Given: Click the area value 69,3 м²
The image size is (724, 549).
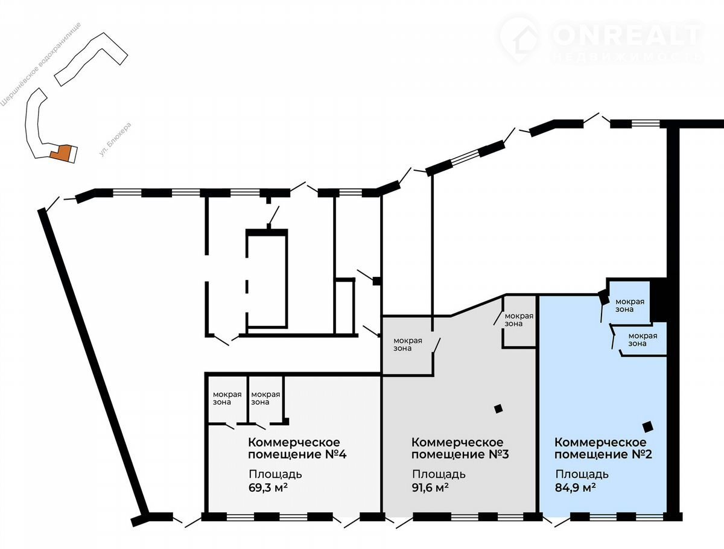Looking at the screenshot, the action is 268,487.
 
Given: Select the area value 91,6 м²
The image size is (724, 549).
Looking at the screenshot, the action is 430,487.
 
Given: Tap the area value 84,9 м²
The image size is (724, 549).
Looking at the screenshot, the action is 575,487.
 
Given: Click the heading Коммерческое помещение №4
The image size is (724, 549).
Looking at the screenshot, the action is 297,448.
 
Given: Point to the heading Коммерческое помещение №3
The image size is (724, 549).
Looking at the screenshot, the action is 460,448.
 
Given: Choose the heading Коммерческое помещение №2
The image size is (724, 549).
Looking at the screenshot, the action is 603,448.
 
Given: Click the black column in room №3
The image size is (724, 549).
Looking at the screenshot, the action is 498,409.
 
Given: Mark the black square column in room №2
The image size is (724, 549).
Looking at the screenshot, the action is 648,427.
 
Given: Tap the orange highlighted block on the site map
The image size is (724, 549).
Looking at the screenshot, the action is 62,153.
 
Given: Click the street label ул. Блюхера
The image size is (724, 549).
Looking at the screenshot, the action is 115,139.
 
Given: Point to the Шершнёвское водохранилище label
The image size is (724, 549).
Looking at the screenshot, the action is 40,65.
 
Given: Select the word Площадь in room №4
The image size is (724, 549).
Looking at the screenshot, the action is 275,474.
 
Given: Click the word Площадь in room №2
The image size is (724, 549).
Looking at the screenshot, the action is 582,474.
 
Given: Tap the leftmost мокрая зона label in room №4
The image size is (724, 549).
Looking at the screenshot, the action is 227,398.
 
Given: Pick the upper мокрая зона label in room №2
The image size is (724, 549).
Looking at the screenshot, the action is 630,305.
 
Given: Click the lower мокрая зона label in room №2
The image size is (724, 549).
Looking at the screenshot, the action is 643,340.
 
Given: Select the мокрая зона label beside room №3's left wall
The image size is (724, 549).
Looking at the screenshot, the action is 408,344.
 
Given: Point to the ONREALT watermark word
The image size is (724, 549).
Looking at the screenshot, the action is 627,34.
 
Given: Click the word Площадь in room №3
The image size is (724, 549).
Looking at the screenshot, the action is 439,474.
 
